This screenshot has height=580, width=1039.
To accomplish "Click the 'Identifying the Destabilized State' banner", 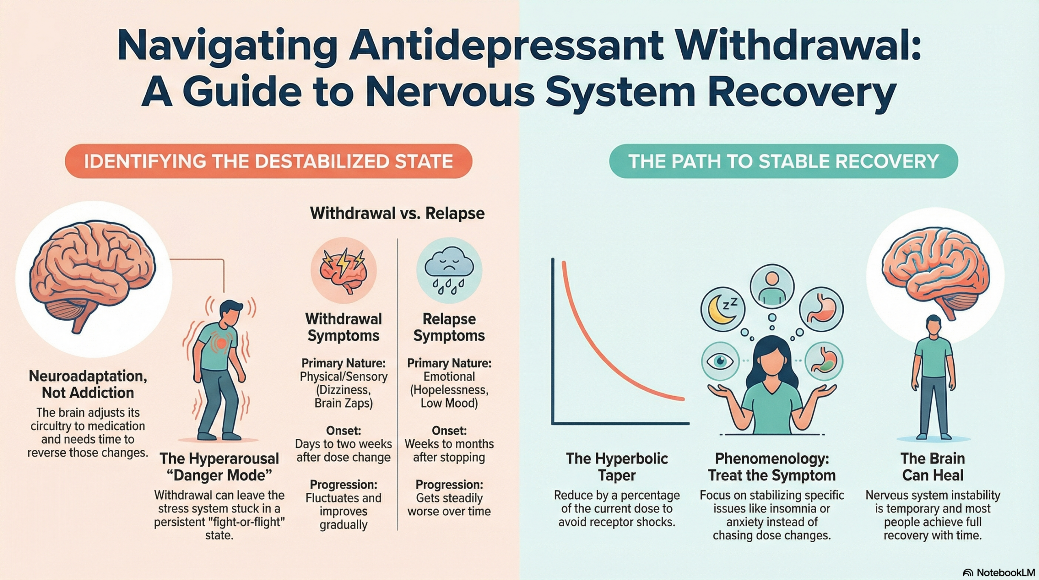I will point(268,161).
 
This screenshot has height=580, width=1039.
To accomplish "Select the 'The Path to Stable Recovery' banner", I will point(783,161).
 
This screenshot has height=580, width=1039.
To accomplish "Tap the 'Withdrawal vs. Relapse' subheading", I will point(397,213).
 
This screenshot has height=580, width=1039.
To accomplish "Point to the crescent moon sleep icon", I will point(723,310).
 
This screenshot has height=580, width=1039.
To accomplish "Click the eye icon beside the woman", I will point(720,361).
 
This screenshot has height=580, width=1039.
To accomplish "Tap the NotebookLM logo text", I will point(1005,572).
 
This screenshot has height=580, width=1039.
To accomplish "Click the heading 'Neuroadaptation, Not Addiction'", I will point(88,384).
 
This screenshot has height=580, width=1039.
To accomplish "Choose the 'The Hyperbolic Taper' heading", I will point(617,467).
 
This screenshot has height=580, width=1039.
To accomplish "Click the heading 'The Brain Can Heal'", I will point(933,467).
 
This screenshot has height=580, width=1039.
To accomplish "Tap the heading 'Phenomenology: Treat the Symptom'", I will point(772,467).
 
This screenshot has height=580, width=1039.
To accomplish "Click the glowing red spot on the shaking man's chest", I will point(222,343).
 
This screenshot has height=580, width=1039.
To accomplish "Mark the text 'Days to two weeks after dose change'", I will point(343,451).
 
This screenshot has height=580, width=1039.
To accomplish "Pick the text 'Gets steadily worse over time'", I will point(449,505).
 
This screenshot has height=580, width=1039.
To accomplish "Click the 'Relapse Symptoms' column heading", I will point(449,327).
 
